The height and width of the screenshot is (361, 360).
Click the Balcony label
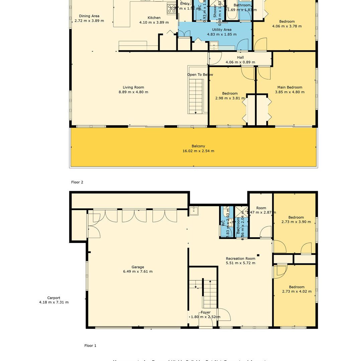198,146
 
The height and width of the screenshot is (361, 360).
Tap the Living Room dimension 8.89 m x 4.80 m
133,92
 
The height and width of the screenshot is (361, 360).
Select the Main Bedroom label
289,87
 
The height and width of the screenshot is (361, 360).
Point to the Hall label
240,57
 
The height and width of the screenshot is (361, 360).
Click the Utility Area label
221,30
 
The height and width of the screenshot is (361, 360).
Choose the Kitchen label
154,18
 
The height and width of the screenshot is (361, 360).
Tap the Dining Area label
89,16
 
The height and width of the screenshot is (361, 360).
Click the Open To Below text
200,75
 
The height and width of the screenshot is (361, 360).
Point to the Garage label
138,267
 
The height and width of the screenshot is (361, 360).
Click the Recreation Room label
240,258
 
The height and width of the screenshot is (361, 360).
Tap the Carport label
54,298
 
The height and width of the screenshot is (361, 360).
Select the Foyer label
205,312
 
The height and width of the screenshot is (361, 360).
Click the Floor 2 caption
77,182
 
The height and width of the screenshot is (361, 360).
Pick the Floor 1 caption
90,346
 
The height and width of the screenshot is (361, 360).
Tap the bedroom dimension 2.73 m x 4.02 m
296,291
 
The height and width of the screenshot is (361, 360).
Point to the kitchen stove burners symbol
172,9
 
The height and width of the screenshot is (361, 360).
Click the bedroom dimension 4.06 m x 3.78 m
287,26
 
